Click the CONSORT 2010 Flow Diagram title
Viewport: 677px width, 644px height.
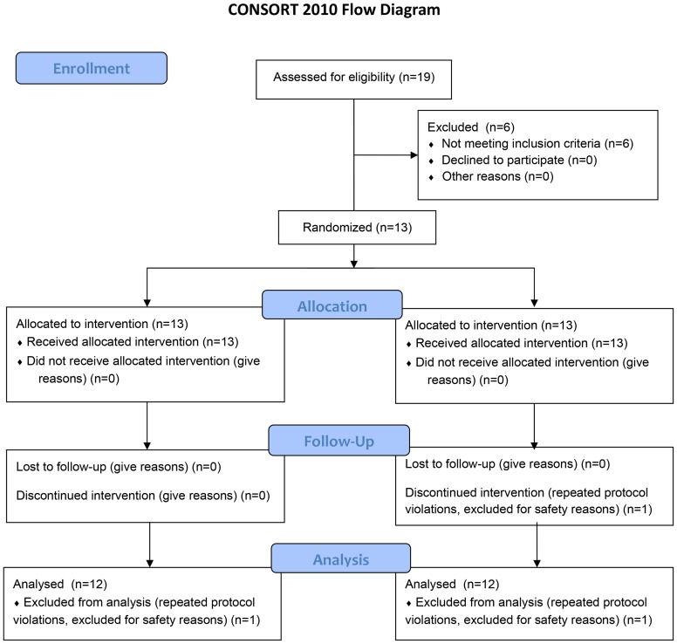[334, 10]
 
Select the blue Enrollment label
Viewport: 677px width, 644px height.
[92, 68]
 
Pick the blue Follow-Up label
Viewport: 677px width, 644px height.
[338, 441]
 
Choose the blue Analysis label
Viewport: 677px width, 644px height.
[341, 558]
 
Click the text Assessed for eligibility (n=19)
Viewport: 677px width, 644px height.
[353, 78]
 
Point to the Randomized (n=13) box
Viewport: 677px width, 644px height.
[357, 227]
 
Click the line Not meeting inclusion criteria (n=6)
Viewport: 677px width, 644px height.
[537, 143]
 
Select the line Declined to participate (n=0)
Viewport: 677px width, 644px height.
[519, 160]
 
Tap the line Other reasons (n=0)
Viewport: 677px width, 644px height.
[497, 176]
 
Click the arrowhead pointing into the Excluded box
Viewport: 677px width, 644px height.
[414, 154]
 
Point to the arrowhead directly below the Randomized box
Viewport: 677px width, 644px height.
[354, 264]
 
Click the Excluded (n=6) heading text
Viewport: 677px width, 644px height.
[471, 127]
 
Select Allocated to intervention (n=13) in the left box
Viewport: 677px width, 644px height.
[102, 324]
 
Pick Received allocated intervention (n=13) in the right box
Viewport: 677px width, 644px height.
[522, 343]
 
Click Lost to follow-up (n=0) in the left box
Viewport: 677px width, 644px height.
[119, 467]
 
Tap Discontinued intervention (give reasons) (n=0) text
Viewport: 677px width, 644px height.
[143, 496]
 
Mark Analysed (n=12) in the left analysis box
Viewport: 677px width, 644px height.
[60, 584]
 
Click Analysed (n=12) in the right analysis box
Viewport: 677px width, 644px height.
[452, 584]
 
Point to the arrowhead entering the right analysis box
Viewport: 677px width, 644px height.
[537, 563]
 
